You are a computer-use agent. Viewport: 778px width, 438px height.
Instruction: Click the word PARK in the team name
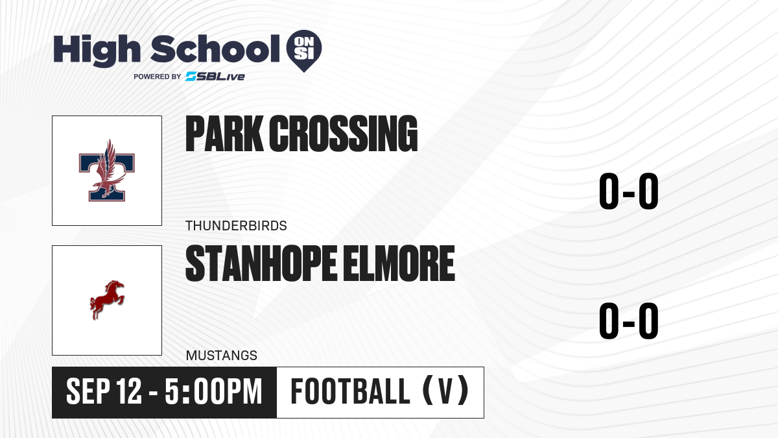224,134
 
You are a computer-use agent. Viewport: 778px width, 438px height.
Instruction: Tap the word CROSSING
344,134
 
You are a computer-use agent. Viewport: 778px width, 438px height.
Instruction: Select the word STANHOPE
261,263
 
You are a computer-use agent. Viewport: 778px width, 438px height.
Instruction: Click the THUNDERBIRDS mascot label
236,226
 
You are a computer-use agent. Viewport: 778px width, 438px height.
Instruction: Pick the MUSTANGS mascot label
222,356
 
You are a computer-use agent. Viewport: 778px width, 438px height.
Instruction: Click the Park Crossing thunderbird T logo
106,170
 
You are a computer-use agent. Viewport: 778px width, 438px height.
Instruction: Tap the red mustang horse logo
107,300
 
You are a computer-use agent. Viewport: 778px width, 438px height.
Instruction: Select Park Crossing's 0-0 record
629,191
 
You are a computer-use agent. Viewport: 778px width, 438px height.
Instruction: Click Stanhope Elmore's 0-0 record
629,321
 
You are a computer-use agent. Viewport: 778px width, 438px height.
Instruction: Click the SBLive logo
215,77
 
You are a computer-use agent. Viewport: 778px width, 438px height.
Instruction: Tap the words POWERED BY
158,77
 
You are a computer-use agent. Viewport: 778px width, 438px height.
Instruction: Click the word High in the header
97,50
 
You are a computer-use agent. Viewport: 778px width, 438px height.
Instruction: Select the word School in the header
215,49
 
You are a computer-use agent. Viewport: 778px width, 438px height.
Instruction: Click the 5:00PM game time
213,392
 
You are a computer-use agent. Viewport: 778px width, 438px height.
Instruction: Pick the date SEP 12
104,392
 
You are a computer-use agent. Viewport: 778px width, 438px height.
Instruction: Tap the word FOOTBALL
351,391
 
